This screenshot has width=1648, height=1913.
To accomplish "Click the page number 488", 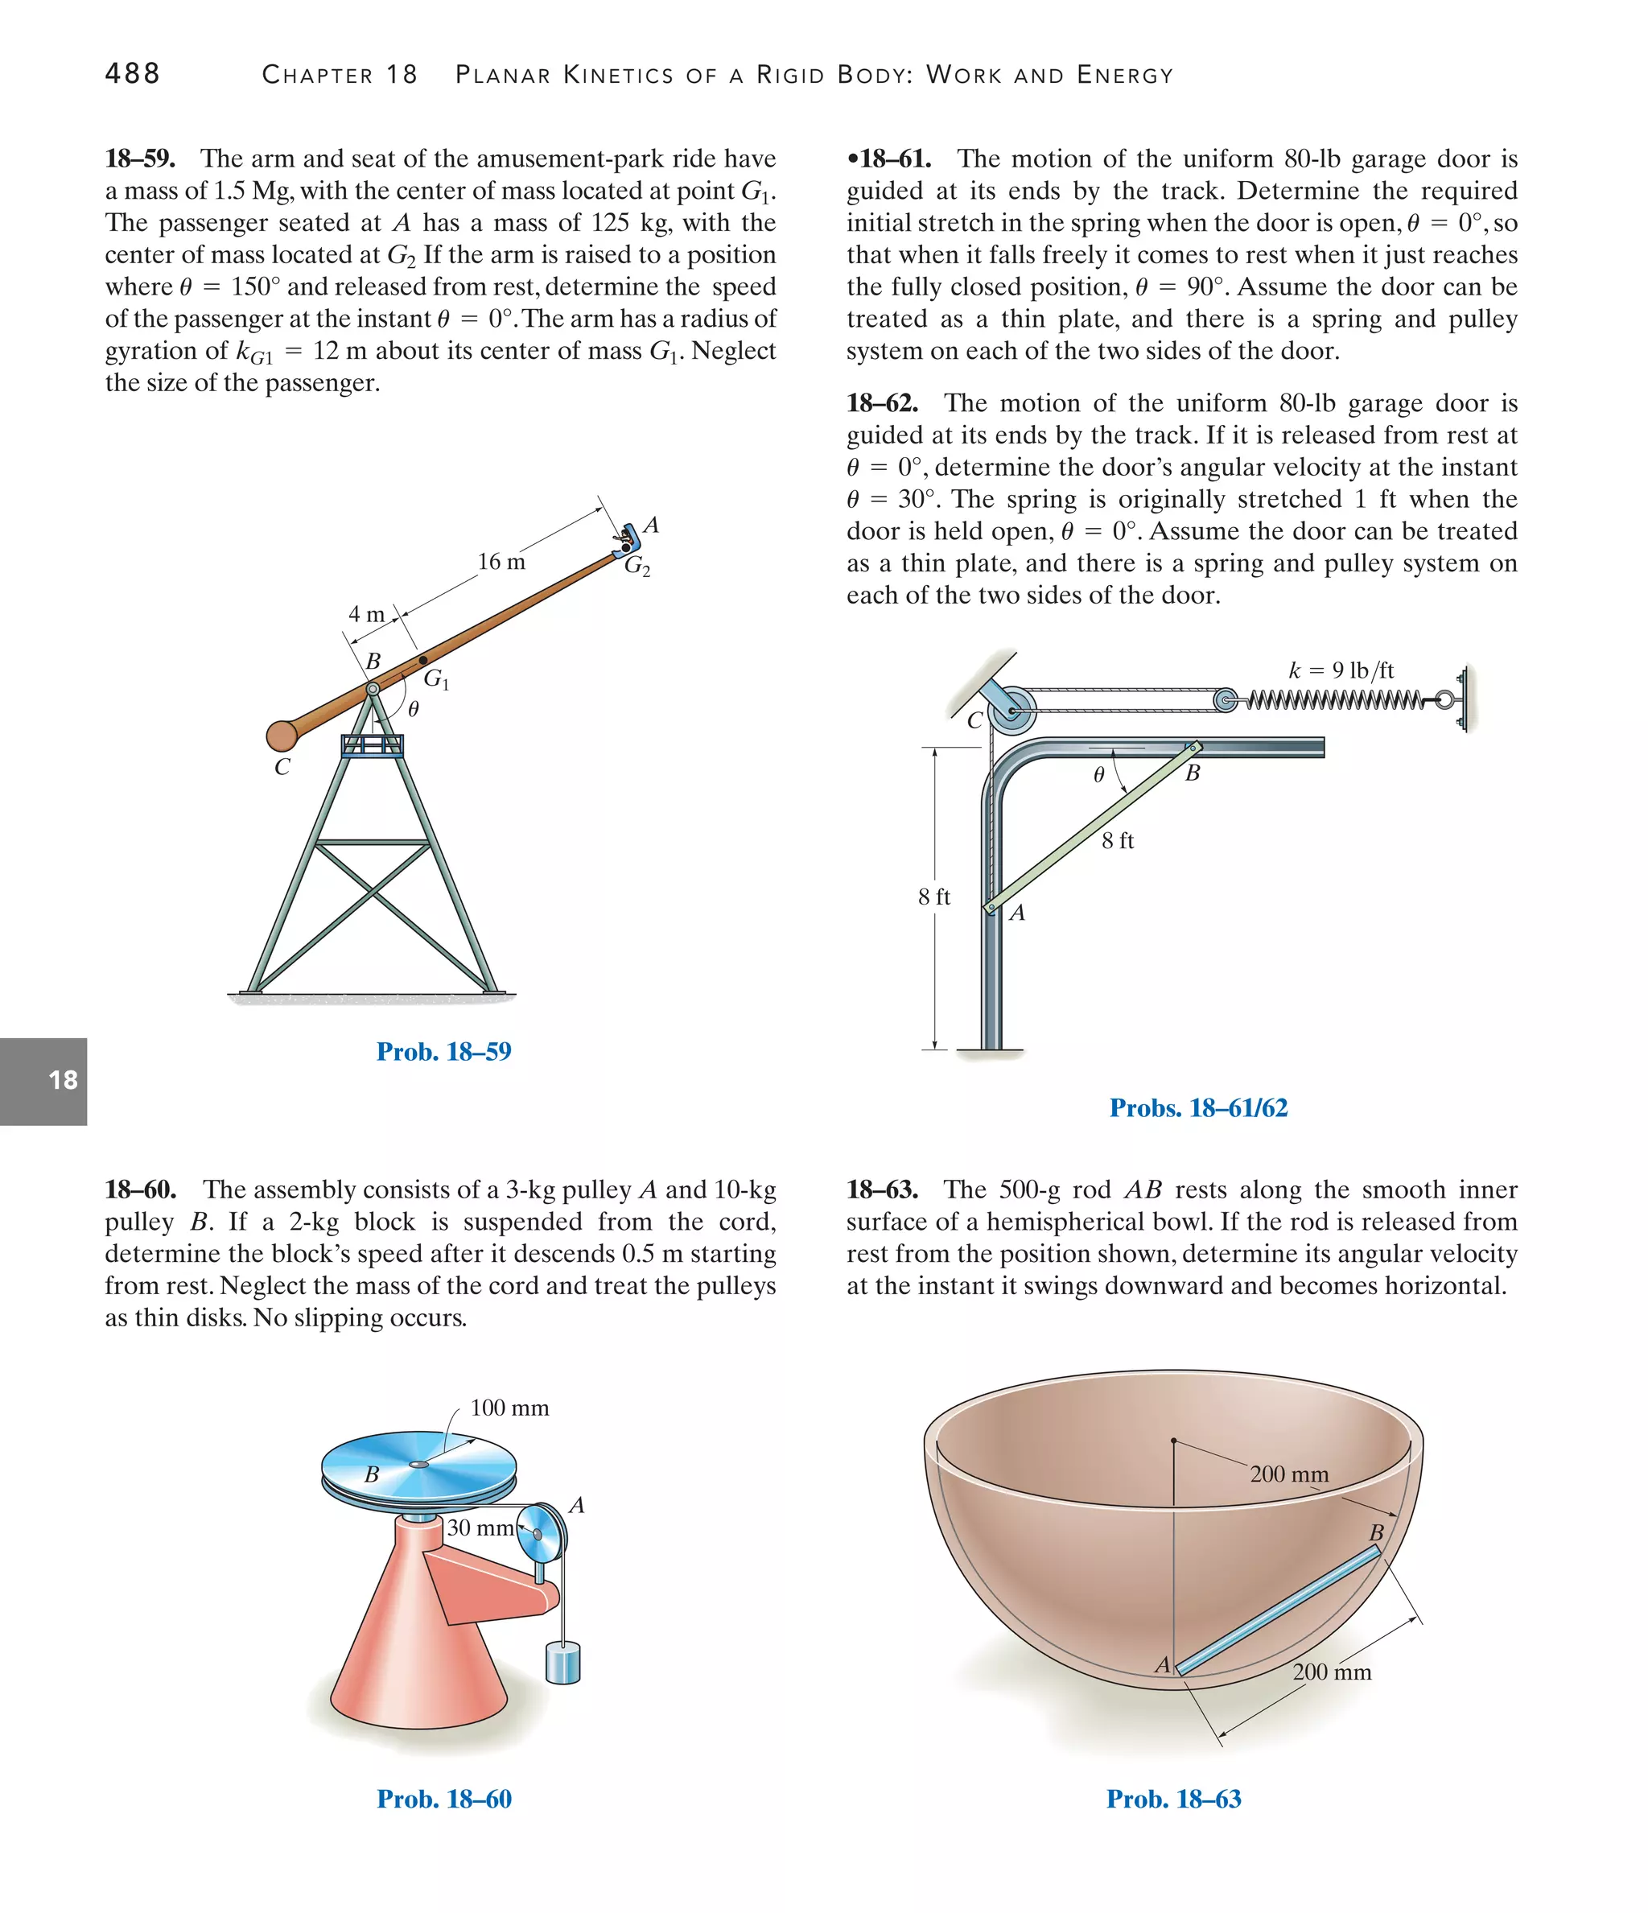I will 132,74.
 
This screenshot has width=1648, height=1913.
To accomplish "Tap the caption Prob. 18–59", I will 443,1052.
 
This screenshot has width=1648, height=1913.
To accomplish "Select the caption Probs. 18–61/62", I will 1197,1108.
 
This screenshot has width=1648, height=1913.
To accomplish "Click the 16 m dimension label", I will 501,561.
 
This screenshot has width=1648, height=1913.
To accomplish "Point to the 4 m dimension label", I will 366,614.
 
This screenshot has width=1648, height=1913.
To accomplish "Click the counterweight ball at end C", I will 282,736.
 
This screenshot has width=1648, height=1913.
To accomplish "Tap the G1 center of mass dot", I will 422,660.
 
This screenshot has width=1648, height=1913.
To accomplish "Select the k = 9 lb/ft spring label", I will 1341,670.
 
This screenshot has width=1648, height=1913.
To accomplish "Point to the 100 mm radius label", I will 509,1408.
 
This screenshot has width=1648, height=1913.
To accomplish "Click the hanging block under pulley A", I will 562,1663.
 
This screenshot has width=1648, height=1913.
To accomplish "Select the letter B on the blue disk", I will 372,1474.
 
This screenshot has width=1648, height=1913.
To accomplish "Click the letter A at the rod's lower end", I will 1162,1664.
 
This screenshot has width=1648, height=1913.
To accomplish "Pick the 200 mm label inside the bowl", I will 1289,1474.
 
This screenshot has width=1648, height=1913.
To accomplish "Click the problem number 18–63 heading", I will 882,1190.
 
